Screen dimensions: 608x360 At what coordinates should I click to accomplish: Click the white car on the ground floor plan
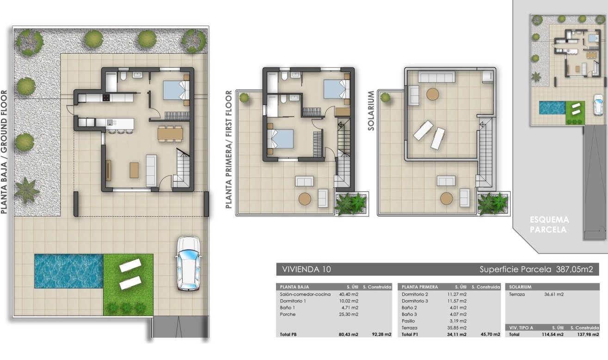click(x=189, y=264)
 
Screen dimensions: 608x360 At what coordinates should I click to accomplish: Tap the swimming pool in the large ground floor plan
click(x=69, y=271)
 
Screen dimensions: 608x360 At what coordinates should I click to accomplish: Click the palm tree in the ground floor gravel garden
click(x=26, y=190)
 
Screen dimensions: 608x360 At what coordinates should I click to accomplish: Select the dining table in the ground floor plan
click(x=170, y=134)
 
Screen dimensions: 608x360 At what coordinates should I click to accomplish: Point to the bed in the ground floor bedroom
click(x=176, y=89)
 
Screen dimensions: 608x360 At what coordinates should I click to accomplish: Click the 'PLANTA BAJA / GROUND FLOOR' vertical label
click(x=4, y=152)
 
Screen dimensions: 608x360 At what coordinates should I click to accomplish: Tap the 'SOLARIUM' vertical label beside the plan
click(x=371, y=111)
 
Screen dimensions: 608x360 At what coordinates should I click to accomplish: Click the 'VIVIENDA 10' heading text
click(x=307, y=269)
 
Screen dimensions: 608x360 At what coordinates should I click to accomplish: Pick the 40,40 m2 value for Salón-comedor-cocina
click(x=349, y=294)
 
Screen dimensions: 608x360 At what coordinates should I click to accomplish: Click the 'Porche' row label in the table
click(x=288, y=314)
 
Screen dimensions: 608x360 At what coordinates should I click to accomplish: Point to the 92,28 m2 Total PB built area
click(x=381, y=335)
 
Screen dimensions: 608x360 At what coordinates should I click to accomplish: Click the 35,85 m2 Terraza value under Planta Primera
click(x=457, y=328)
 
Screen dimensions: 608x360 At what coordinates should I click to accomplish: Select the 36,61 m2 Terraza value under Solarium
click(x=554, y=294)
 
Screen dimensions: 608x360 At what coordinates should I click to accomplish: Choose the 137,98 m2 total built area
click(x=588, y=335)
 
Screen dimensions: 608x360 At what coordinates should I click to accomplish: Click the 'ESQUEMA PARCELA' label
click(x=549, y=225)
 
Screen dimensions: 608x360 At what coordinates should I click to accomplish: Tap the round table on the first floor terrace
click(x=305, y=199)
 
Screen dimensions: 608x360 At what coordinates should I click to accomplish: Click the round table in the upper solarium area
click(x=432, y=94)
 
